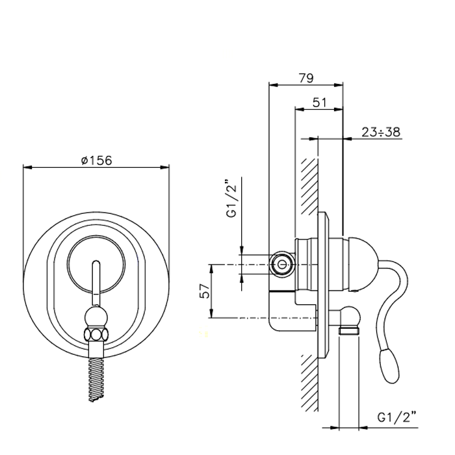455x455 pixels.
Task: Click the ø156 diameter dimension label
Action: coord(97,161)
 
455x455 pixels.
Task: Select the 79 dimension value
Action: coord(306,78)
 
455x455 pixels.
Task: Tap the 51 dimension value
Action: coord(320,103)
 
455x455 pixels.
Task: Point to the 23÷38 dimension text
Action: coord(381,132)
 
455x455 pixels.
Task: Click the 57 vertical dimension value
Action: coord(205,291)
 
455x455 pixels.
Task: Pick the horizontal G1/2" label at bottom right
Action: coord(397,417)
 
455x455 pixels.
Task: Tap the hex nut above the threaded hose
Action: coord(96,334)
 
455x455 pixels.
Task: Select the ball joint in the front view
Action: coord(96,318)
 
